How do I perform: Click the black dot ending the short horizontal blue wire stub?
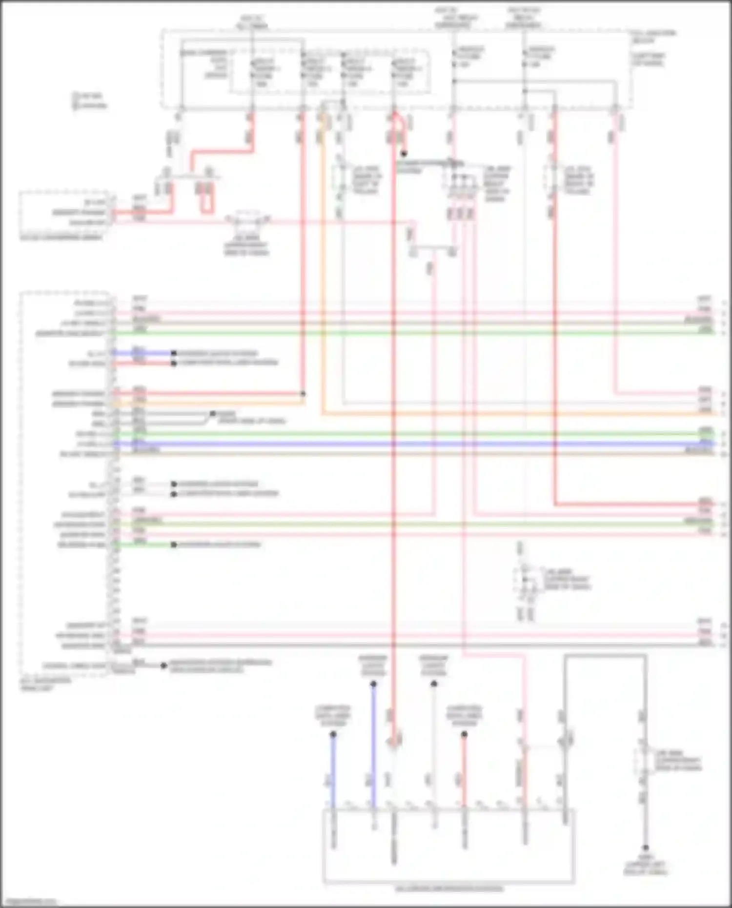[173, 353]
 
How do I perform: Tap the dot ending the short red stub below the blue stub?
[173, 363]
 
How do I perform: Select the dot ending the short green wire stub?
[173, 545]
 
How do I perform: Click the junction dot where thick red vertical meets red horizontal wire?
[303, 393]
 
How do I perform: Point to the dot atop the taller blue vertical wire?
[373, 684]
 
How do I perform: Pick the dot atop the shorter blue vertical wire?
[333, 734]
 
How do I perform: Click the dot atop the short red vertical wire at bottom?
[464, 734]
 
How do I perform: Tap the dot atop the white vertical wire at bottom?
[434, 684]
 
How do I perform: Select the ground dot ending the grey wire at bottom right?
[645, 848]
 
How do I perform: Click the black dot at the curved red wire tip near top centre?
[404, 154]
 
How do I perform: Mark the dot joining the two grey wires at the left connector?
[212, 414]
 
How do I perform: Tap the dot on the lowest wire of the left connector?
[163, 666]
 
